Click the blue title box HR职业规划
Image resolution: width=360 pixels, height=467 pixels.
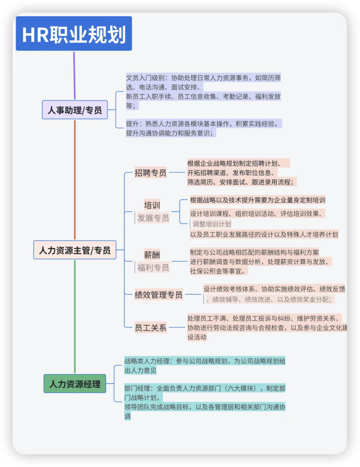point(74,34)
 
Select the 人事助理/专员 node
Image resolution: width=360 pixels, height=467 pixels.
point(74,110)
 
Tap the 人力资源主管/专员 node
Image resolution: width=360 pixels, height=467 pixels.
point(74,250)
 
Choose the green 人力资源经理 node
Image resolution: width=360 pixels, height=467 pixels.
point(74,383)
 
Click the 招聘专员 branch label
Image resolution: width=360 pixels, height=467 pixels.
point(150,172)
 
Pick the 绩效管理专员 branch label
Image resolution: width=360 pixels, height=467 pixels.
point(158,295)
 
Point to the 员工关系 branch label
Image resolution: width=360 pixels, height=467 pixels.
point(150,328)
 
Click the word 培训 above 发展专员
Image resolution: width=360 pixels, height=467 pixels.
point(152,205)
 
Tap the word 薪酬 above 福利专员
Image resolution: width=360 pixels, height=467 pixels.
point(152,255)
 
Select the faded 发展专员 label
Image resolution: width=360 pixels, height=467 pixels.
point(153,218)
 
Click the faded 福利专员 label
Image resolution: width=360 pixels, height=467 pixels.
point(153,268)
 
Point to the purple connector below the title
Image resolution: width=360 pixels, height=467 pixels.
point(74,75)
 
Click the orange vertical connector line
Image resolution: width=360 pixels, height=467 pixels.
point(74,180)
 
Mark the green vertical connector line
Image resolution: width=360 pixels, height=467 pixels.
point(74,316)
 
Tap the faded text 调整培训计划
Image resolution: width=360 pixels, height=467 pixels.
point(212,224)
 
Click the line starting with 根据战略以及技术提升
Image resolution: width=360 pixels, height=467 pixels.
point(257,200)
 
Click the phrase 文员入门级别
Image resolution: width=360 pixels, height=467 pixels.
point(145,78)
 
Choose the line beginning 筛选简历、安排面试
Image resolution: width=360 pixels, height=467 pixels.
point(240,182)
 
